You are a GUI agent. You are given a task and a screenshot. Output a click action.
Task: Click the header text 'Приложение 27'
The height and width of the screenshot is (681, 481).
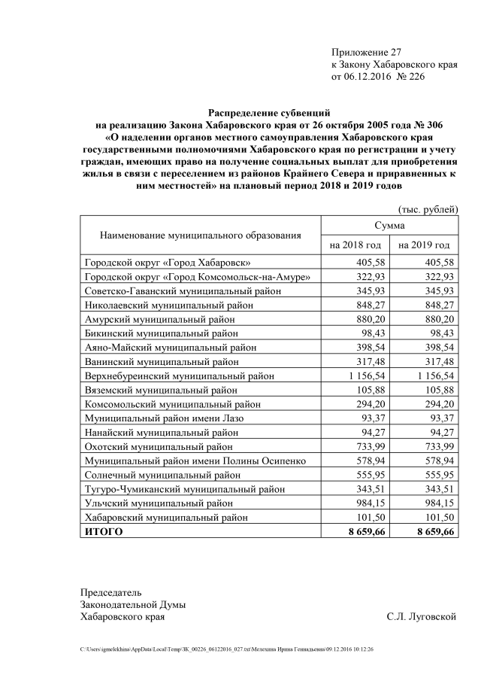click(367, 52)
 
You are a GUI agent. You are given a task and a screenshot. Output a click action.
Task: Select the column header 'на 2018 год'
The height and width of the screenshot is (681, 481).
click(355, 245)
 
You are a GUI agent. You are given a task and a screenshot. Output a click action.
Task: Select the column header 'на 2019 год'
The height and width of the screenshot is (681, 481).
click(423, 245)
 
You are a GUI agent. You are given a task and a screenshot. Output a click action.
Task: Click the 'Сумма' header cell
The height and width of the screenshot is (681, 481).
click(389, 225)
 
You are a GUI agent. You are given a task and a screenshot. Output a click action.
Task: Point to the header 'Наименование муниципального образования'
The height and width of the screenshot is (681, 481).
click(200, 235)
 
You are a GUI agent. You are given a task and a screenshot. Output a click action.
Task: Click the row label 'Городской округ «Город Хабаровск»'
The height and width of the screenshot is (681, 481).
click(167, 263)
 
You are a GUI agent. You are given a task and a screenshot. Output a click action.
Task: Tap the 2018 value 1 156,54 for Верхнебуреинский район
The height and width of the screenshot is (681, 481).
click(364, 375)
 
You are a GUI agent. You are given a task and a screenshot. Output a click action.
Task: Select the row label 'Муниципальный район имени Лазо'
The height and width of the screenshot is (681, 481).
click(164, 418)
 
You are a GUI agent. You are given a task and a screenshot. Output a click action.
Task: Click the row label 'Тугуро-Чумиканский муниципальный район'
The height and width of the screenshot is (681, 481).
click(184, 489)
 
